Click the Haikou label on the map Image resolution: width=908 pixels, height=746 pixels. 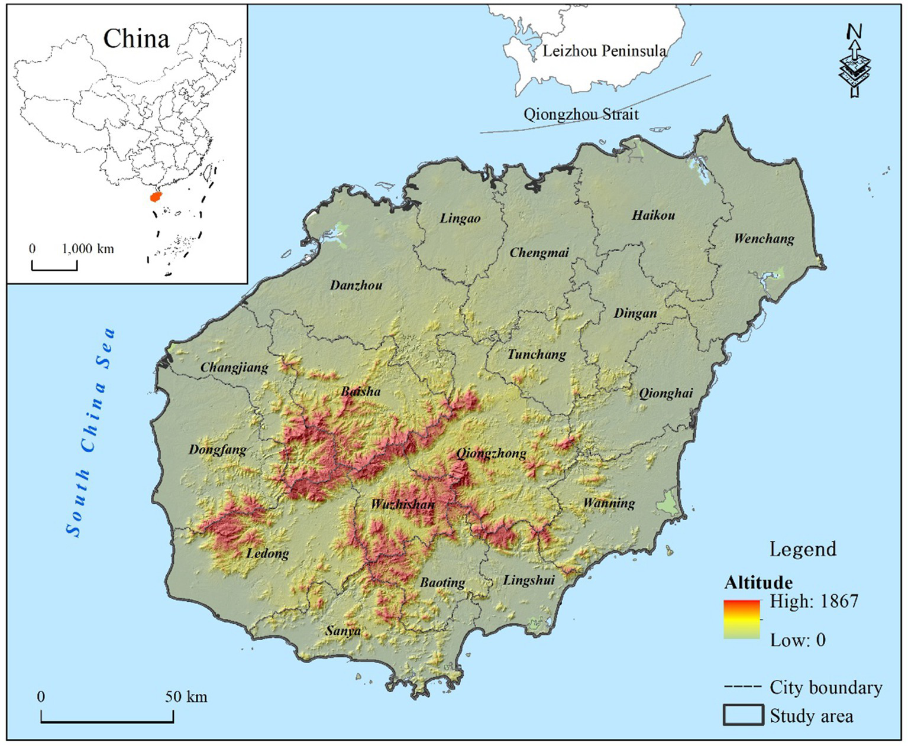(653, 215)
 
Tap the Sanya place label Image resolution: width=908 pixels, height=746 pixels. (342, 631)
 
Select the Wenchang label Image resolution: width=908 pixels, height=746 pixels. (764, 239)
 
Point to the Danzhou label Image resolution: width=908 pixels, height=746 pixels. (356, 286)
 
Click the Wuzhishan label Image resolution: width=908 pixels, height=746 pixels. (402, 505)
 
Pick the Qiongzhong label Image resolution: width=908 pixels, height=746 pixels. (490, 453)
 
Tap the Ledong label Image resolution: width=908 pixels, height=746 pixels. (267, 553)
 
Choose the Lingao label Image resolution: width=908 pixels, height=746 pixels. (460, 219)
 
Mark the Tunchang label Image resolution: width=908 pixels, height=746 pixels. (537, 355)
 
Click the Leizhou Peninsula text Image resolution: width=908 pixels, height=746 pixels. (604, 51)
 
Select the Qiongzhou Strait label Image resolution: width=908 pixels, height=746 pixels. (581, 114)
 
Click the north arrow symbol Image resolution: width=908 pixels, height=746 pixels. (855, 61)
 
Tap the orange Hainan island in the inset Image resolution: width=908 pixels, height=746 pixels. (156, 196)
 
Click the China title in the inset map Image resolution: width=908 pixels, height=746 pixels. (136, 39)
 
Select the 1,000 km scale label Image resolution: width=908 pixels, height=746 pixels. (88, 248)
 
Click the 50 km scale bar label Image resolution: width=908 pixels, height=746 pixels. (186, 696)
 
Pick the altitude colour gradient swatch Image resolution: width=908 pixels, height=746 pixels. (742, 619)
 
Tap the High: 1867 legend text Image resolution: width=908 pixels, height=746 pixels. (813, 601)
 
